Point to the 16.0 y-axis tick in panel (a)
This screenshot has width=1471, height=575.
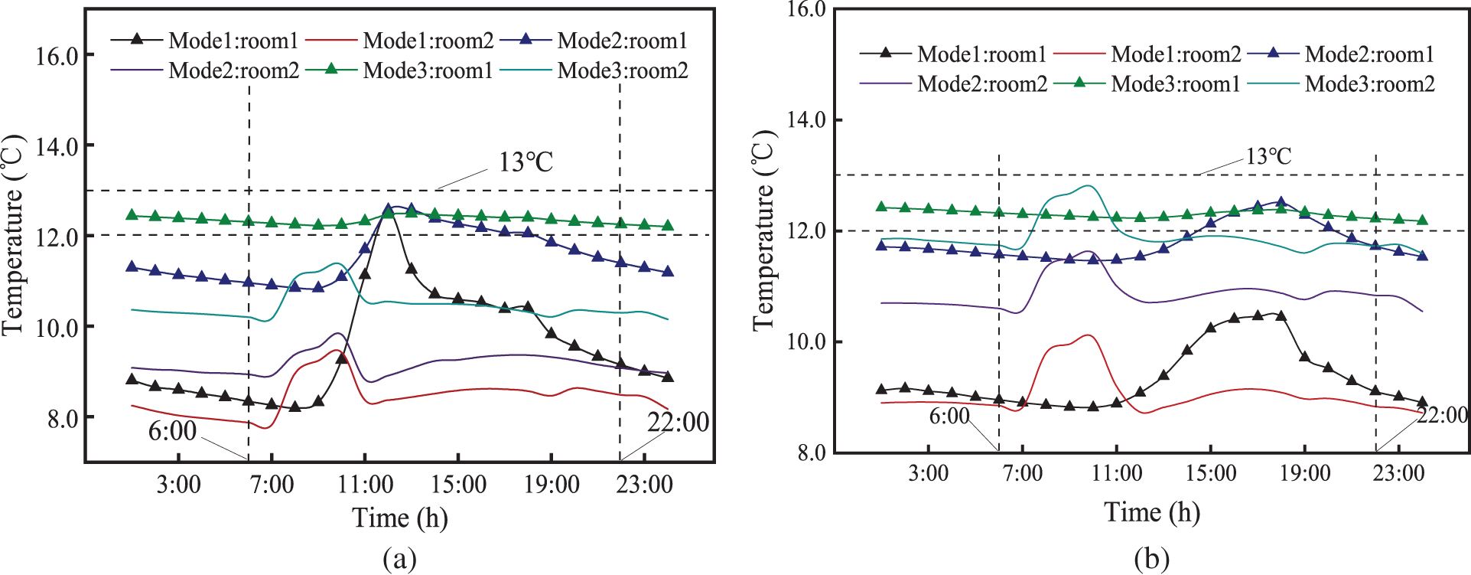click(57, 56)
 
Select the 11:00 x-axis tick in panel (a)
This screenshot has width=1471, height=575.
click(366, 485)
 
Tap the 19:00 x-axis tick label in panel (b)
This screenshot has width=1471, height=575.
click(1305, 473)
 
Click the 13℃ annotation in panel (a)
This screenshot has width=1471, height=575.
click(526, 162)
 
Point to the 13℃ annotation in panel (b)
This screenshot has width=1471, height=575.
click(1268, 157)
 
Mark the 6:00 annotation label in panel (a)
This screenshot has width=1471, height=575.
click(172, 431)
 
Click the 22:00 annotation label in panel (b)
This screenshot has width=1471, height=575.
click(1442, 415)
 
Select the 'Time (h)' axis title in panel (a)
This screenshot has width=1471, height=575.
click(400, 518)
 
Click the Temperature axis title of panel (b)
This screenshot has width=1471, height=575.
click(764, 230)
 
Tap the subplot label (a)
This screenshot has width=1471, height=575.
click(399, 558)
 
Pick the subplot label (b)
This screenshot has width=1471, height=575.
click(1152, 558)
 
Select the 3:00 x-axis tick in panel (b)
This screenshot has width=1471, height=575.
click(928, 473)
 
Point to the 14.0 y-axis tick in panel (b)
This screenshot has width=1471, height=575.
click(807, 120)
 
